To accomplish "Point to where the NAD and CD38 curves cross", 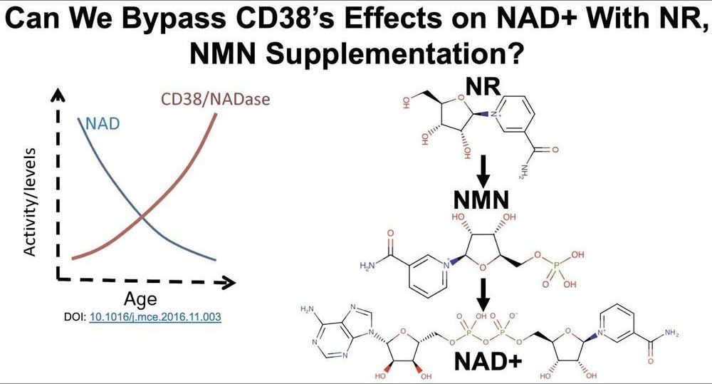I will click(x=143, y=214).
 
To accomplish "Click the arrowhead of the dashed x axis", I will click(x=229, y=282).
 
